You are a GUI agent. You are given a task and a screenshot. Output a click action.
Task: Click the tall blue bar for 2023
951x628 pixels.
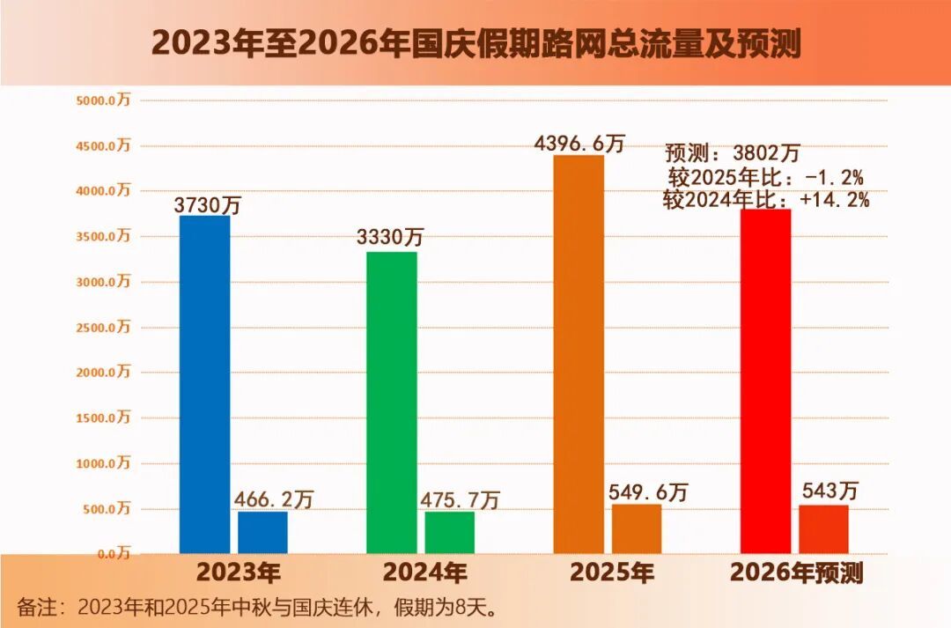(x=205, y=385)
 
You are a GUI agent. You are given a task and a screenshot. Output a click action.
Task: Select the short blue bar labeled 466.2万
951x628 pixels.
(x=262, y=532)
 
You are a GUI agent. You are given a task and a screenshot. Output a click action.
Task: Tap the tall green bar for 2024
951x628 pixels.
(x=392, y=403)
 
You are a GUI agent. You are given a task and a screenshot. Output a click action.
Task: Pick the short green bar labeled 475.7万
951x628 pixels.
(x=449, y=532)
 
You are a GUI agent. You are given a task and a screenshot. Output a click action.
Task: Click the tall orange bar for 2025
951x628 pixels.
(x=579, y=354)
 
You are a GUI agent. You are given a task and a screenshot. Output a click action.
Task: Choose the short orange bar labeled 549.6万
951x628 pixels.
(x=637, y=528)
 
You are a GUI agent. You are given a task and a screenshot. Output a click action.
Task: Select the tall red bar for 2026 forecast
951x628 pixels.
(x=765, y=381)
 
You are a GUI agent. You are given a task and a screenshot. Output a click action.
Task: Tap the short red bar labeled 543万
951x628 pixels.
(x=823, y=529)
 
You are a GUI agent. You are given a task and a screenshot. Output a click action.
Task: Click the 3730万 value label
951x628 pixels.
(x=208, y=204)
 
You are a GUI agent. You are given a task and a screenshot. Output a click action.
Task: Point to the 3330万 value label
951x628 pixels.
(x=389, y=237)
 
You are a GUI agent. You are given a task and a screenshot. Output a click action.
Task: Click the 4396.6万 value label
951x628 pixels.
(x=579, y=144)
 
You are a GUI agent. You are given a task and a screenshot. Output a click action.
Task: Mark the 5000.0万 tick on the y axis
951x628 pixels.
(x=103, y=100)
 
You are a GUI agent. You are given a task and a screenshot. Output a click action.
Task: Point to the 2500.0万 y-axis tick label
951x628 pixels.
(x=103, y=327)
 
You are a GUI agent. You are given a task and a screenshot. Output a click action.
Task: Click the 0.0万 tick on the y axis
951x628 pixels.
(x=114, y=553)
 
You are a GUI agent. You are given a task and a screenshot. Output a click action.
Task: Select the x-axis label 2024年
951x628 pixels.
(x=424, y=573)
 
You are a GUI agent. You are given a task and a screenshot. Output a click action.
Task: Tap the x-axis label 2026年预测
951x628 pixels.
(x=796, y=573)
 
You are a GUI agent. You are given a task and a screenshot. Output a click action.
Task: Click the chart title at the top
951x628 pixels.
(x=476, y=44)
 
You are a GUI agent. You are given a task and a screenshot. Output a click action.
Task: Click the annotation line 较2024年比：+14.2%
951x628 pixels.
(x=766, y=199)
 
